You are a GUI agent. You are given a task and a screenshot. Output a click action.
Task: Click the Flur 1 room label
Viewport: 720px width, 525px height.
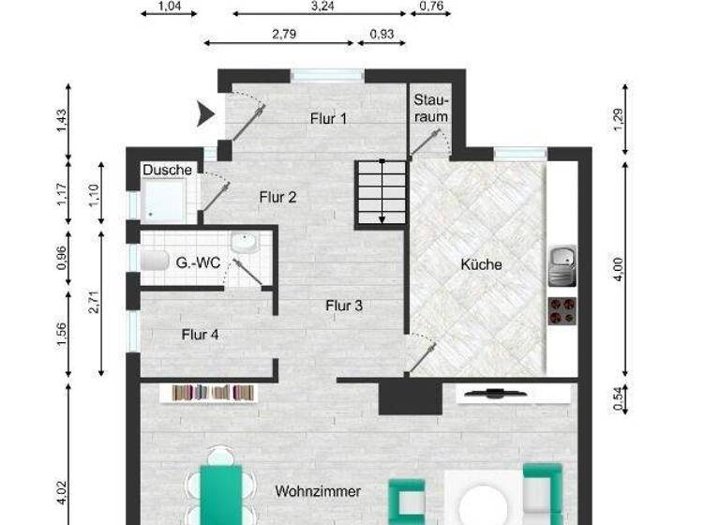pyautogui.click(x=328, y=118)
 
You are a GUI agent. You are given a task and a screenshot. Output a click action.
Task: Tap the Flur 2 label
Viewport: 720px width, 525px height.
pyautogui.click(x=277, y=197)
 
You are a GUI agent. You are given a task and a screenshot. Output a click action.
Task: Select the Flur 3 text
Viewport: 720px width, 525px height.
pyautogui.click(x=344, y=306)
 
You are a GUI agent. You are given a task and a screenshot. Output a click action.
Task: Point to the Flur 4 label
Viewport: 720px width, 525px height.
pyautogui.click(x=201, y=334)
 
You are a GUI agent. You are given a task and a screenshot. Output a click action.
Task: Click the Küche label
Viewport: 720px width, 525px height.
pyautogui.click(x=481, y=264)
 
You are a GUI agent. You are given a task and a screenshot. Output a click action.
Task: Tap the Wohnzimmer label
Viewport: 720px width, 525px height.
pyautogui.click(x=318, y=491)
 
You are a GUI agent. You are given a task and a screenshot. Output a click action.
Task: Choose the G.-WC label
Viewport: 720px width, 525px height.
pyautogui.click(x=198, y=263)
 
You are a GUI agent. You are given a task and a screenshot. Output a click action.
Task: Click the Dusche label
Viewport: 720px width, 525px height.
pyautogui.click(x=168, y=170)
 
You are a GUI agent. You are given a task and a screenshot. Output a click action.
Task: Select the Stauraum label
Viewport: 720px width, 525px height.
pyautogui.click(x=431, y=108)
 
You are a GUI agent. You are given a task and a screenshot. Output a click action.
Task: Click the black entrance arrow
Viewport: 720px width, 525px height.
pyautogui.click(x=204, y=114)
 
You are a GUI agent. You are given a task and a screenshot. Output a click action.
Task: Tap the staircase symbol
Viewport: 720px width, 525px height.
pyautogui.click(x=381, y=193)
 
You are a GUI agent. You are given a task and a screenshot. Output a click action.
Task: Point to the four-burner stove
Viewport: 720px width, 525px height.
pyautogui.click(x=562, y=310)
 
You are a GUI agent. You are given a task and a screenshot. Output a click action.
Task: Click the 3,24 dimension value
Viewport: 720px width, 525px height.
pyautogui.click(x=322, y=6)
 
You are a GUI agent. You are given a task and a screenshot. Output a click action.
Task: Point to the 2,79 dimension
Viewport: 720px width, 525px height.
pyautogui.click(x=284, y=35)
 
